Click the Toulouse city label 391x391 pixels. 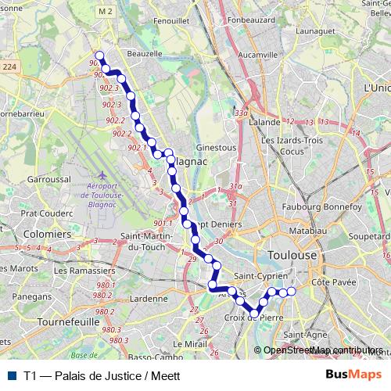pyautogui.click(x=292, y=255)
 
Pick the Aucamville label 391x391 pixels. pyautogui.click(x=258, y=56)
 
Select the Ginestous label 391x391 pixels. pyautogui.click(x=216, y=147)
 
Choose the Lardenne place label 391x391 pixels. pyautogui.click(x=149, y=298)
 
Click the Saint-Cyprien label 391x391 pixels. pyautogui.click(x=262, y=276)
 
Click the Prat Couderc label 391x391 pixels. pyautogui.click(x=46, y=212)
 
